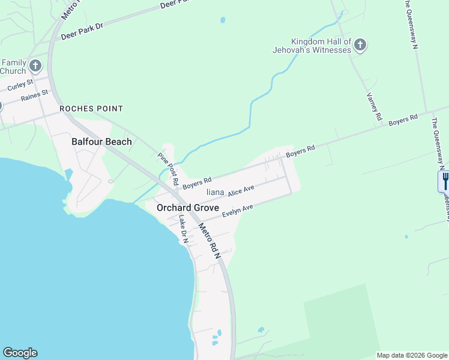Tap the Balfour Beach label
point(101,142)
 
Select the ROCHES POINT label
point(91,109)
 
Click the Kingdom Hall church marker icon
point(360,45)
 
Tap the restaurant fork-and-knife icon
point(444,181)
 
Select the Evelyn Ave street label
point(237,211)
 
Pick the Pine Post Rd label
point(169,169)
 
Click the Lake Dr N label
point(184,229)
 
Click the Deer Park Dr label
point(82,31)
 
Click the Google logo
point(20,353)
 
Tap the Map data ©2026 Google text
point(412,355)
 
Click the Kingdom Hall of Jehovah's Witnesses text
point(321,46)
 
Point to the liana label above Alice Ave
point(215,192)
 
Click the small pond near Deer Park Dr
point(223,20)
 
